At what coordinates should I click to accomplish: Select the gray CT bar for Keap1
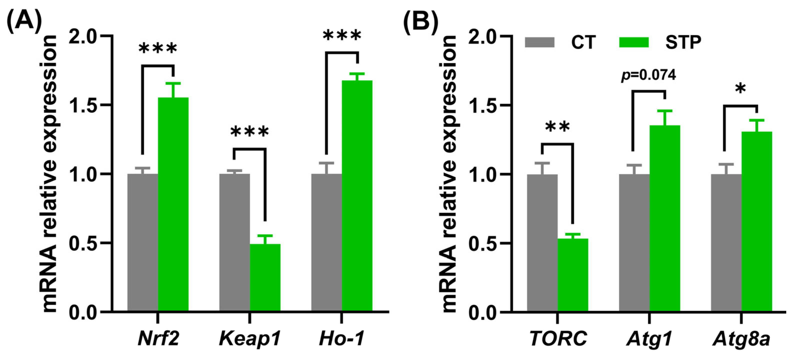pos(235,242)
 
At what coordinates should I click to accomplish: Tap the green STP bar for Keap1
pos(265,277)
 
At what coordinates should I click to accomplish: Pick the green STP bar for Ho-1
pos(357,196)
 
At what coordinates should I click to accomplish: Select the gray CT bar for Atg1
pos(634,242)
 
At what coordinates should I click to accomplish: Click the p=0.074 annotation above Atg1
pos(648,75)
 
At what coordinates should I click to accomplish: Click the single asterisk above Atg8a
pos(740,89)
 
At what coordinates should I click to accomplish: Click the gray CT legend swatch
pos(539,42)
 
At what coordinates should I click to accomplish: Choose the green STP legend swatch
pos(634,42)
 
